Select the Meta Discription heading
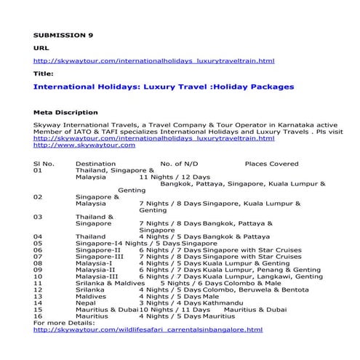point(65,113)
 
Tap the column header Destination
point(95,164)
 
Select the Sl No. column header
point(44,164)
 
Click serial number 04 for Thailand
point(39,236)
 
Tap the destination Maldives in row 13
point(91,295)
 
